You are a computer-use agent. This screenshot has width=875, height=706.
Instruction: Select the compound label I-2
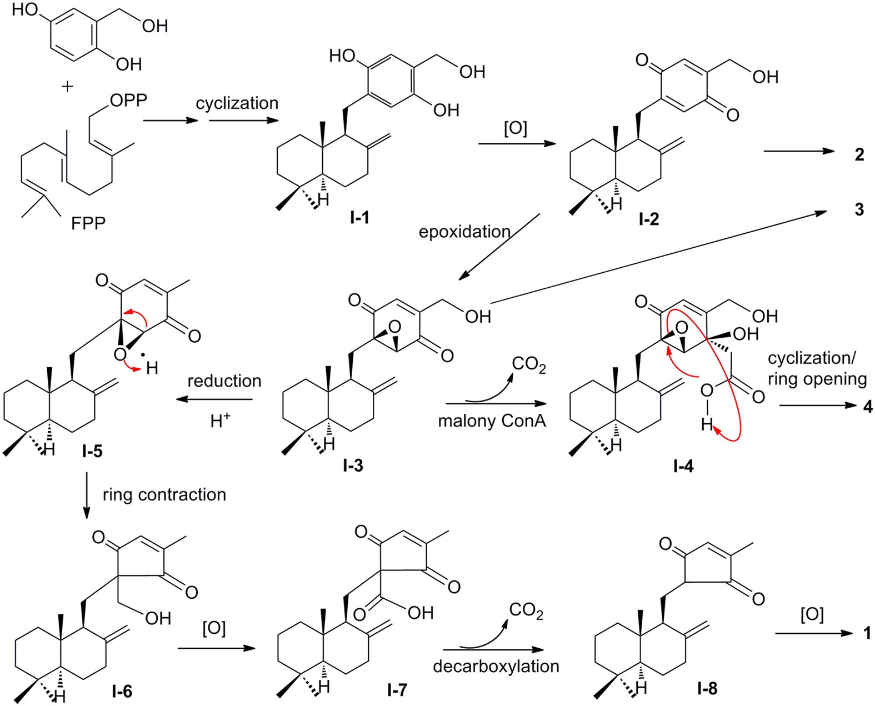tap(648, 219)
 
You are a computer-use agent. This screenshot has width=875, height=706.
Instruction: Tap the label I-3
tap(353, 465)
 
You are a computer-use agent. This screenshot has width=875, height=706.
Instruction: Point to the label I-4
tap(683, 466)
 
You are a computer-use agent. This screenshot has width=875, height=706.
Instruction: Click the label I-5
tap(92, 451)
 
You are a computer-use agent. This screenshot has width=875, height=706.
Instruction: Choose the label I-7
tap(397, 689)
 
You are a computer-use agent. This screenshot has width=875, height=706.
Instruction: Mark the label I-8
tap(707, 689)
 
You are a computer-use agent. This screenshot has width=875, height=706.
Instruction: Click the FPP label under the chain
tap(88, 223)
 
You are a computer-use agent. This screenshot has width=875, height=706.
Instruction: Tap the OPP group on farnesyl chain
tap(128, 101)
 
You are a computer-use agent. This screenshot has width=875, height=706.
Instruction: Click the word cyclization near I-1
tap(237, 103)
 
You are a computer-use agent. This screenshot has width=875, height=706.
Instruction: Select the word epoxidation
tap(464, 232)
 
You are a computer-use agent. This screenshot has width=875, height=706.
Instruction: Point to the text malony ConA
tap(492, 421)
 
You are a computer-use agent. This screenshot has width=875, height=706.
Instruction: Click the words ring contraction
tap(164, 494)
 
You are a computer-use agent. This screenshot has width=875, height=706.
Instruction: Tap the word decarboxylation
tap(496, 666)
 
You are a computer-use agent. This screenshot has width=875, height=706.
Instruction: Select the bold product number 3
tap(859, 209)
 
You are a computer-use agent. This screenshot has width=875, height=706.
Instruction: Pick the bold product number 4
tap(868, 407)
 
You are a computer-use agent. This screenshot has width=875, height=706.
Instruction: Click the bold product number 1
tap(868, 633)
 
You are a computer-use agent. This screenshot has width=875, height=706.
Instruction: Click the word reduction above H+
tap(224, 381)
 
